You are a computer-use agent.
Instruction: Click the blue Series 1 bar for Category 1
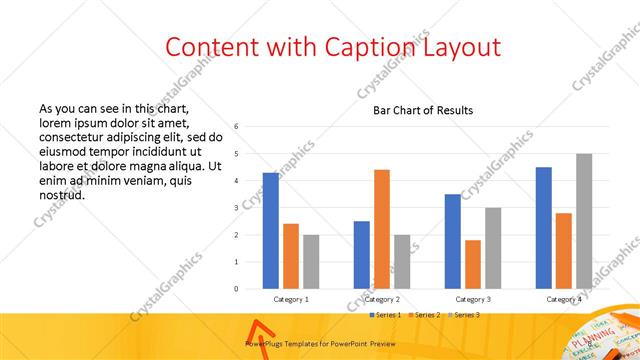pyautogui.click(x=271, y=231)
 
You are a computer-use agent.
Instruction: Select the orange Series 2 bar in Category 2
pyautogui.click(x=382, y=229)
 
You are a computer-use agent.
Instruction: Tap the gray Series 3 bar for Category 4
pyautogui.click(x=584, y=221)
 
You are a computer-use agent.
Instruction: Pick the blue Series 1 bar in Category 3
pyautogui.click(x=453, y=241)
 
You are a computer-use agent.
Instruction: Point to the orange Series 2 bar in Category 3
pyautogui.click(x=473, y=264)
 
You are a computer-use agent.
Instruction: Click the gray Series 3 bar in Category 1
pyautogui.click(x=311, y=262)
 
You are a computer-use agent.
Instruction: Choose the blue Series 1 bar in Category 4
pyautogui.click(x=544, y=228)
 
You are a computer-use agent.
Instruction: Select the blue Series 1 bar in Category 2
pyautogui.click(x=362, y=255)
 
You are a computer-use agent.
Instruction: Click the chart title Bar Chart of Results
pyautogui.click(x=423, y=110)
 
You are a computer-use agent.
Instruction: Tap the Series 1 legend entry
pyautogui.click(x=386, y=315)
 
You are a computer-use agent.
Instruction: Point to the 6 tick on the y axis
pyautogui.click(x=236, y=127)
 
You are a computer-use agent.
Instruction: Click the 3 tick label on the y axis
pyautogui.click(x=236, y=208)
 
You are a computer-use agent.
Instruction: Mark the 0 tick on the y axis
pyautogui.click(x=236, y=289)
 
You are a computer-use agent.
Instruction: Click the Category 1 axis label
pyautogui.click(x=291, y=299)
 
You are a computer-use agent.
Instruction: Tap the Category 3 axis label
pyautogui.click(x=473, y=299)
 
